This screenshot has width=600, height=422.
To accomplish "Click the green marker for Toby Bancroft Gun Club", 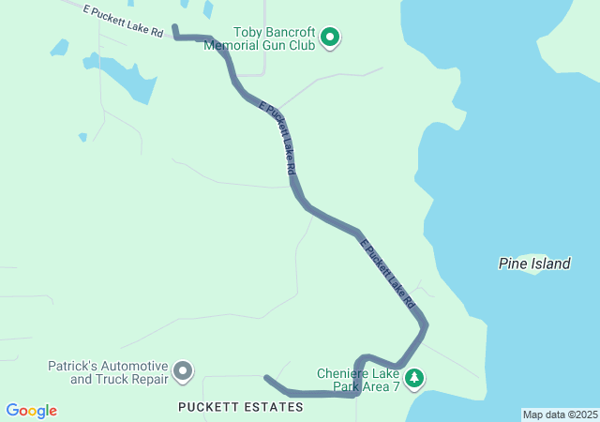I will [x=330, y=38].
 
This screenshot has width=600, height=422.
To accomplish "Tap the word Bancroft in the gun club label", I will [x=280, y=31].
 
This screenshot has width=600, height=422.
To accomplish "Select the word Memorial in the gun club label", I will [x=233, y=44].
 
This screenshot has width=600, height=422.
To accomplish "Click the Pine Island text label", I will [x=533, y=264].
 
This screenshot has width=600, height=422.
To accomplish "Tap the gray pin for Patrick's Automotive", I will [x=183, y=372].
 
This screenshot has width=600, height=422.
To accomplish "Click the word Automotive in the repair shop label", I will [x=136, y=366].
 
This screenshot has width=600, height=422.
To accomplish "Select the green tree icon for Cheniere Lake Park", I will [x=414, y=379].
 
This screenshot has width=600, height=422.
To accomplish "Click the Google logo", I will [x=31, y=411].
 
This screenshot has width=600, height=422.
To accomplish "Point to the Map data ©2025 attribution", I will [x=560, y=414].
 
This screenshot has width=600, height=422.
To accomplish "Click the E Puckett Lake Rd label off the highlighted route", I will [x=123, y=22].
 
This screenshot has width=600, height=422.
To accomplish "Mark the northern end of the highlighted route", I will [x=175, y=27].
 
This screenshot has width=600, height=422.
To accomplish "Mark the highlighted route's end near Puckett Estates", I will [x=266, y=378].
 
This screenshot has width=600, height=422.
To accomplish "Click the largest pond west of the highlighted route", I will [x=131, y=80].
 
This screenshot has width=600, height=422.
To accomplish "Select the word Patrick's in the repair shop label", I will [x=80, y=366].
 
